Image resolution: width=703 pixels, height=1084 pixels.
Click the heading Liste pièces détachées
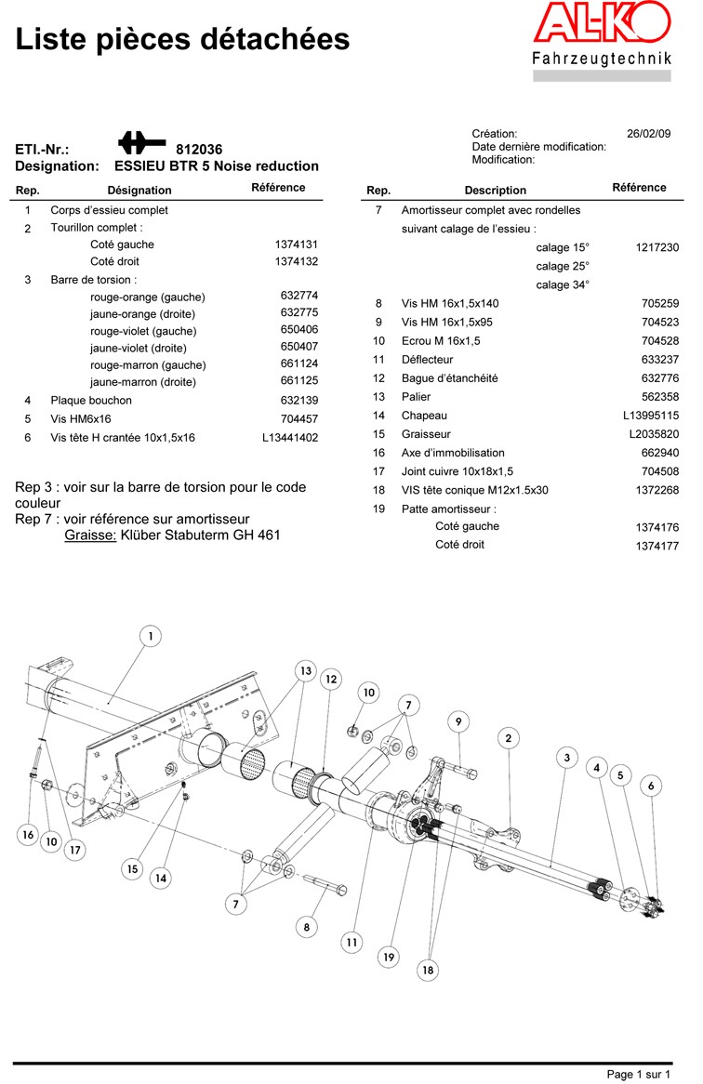click(x=183, y=39)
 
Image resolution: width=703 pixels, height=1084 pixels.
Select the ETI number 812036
click(x=199, y=150)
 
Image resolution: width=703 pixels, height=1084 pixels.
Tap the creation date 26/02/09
click(x=648, y=134)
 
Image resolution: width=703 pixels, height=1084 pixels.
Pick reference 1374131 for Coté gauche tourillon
click(x=297, y=245)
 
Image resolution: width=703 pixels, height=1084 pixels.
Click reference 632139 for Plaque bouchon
click(x=298, y=401)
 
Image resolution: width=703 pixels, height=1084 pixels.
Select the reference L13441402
click(x=290, y=437)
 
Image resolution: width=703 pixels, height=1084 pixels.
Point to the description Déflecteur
click(x=427, y=360)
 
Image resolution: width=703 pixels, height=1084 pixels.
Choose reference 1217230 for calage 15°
click(x=657, y=248)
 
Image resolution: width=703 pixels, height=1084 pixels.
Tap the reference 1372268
click(x=657, y=490)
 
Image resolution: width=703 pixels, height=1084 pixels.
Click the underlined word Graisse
click(x=90, y=535)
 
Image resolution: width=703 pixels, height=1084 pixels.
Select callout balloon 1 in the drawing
click(x=151, y=636)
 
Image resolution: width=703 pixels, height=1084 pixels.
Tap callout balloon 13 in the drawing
click(x=306, y=670)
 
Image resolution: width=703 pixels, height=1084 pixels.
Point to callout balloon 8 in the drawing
click(x=307, y=926)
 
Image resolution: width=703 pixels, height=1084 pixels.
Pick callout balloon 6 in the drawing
click(x=651, y=786)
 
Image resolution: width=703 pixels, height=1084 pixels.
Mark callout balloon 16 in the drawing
click(x=28, y=835)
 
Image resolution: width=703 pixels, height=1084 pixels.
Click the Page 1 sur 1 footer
click(x=638, y=1075)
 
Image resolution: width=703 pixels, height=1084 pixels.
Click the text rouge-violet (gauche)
click(x=143, y=331)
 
